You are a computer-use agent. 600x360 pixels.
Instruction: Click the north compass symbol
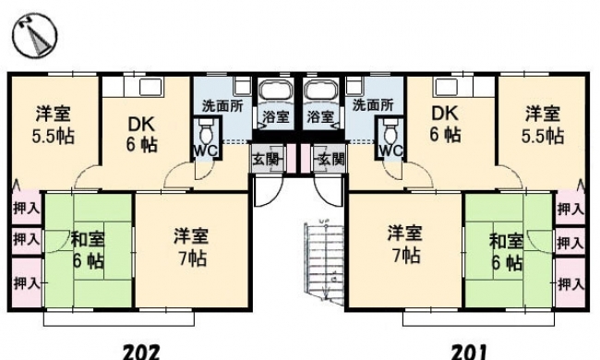coord(34,35)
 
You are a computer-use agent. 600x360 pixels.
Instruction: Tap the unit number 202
coord(141,352)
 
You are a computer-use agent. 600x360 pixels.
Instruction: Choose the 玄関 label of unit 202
coord(268,159)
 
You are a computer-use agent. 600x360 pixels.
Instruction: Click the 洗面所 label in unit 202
coord(222,106)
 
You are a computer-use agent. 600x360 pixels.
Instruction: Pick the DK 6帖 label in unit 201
coord(445,124)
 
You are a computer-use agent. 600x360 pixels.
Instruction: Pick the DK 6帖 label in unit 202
coord(141,135)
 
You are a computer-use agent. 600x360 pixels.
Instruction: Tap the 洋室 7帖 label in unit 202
coord(191,246)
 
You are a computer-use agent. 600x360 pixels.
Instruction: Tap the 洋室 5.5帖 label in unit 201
coord(543,125)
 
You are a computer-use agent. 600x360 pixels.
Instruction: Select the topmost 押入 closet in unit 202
coord(26,208)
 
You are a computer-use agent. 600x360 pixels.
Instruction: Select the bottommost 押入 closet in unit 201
coord(570,283)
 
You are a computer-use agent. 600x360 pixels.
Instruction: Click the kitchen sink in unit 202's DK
coord(151,87)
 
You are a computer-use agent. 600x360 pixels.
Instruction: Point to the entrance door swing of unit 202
coord(263,191)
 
